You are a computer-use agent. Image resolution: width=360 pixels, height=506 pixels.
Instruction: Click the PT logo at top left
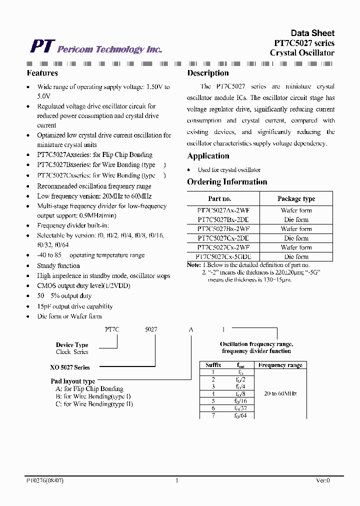41,46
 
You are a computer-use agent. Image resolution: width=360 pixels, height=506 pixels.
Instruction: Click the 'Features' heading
42,73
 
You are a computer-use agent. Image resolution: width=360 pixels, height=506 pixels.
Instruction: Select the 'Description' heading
207,73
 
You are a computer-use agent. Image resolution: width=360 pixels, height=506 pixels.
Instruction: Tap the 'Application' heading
208,156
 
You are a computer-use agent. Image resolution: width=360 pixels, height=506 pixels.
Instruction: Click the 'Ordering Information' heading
227,182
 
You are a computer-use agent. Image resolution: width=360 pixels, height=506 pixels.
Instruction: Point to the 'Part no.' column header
219,198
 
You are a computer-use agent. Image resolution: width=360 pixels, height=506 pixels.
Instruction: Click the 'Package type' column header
296,198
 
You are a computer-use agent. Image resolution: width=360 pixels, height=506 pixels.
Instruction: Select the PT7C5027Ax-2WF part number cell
223,211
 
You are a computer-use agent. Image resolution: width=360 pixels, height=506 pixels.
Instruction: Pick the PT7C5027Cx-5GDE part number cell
223,256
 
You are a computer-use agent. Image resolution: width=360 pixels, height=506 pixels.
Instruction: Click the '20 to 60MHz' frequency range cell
280,393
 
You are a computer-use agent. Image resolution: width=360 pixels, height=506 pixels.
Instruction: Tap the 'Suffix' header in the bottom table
213,365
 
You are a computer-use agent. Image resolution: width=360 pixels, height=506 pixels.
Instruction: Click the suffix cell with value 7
213,415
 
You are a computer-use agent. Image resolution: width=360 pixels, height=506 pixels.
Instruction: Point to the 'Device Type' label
72,345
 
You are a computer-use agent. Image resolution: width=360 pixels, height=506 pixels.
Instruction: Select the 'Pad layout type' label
73,381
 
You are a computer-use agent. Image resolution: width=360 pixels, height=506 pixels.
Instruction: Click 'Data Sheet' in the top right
312,33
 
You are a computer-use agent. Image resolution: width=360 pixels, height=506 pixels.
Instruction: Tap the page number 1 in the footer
177,480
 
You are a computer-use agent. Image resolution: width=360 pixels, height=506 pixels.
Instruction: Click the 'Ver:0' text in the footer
322,480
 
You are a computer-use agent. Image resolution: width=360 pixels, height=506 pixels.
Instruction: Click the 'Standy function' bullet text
58,265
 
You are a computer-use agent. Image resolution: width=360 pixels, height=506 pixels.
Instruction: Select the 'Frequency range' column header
280,365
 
